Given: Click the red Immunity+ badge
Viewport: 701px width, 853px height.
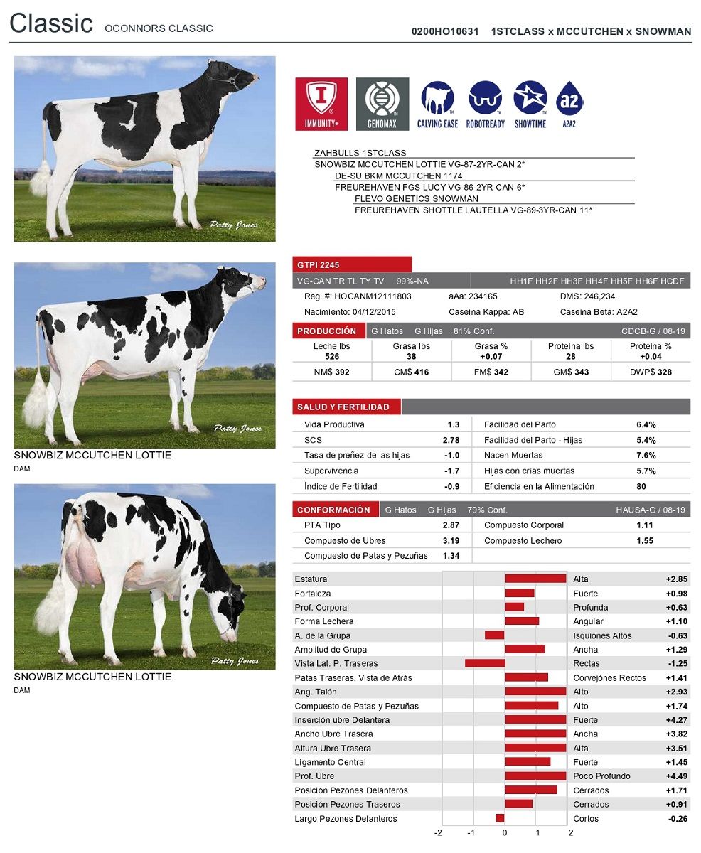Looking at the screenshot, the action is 321,104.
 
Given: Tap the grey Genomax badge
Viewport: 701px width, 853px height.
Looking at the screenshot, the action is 382,104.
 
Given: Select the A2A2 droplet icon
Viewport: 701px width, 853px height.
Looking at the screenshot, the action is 569,104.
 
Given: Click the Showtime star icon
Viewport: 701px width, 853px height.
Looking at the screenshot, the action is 530,104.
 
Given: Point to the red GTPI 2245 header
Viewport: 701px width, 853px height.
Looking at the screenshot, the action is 352,264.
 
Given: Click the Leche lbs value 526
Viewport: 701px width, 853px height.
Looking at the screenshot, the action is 332,356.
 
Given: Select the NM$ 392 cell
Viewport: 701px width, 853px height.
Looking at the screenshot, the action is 331,372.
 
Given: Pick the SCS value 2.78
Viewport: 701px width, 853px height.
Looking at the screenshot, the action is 451,440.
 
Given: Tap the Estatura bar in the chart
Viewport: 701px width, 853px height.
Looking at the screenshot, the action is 535,579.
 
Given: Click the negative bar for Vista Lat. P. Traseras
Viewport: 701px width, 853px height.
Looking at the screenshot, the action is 485,663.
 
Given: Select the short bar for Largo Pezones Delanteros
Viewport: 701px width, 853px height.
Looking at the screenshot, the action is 500,818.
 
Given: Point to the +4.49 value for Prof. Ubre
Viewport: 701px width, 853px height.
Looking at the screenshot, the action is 676,776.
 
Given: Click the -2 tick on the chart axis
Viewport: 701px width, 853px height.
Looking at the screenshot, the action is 438,833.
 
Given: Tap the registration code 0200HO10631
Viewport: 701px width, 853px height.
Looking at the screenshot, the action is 445,31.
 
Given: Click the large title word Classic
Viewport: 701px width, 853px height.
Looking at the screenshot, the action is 51,23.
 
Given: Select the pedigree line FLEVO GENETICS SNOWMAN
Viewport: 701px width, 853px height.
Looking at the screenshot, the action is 416,198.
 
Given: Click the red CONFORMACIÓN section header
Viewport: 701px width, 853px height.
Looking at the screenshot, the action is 333,510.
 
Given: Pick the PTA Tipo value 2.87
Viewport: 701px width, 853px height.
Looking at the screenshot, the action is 451,525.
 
